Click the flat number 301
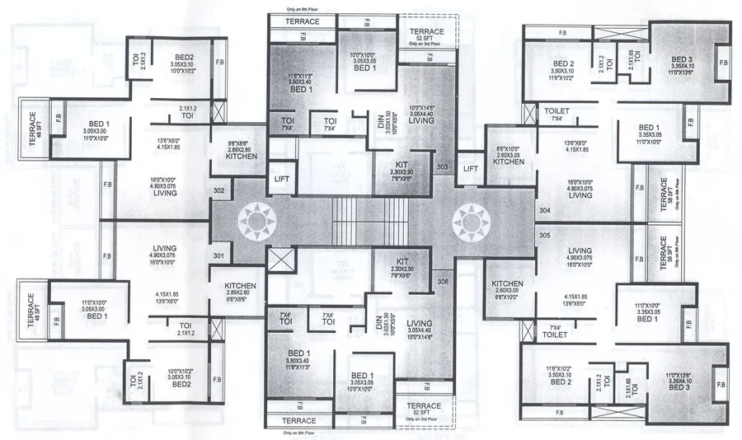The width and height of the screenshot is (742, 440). pyautogui.click(x=218, y=255)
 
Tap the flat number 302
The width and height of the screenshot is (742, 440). pyautogui.click(x=218, y=190)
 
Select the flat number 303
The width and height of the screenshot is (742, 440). pyautogui.click(x=443, y=167)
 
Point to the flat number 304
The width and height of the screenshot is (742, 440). pyautogui.click(x=545, y=210)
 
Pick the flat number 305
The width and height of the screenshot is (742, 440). pyautogui.click(x=545, y=235)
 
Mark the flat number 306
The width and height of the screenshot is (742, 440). pyautogui.click(x=443, y=283)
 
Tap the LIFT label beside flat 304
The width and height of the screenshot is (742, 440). pyautogui.click(x=470, y=169)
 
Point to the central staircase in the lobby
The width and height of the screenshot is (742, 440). pyautogui.click(x=370, y=221)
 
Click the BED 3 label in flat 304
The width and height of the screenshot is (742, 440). pyautogui.click(x=681, y=60)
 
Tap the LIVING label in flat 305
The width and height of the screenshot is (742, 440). pyautogui.click(x=580, y=250)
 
